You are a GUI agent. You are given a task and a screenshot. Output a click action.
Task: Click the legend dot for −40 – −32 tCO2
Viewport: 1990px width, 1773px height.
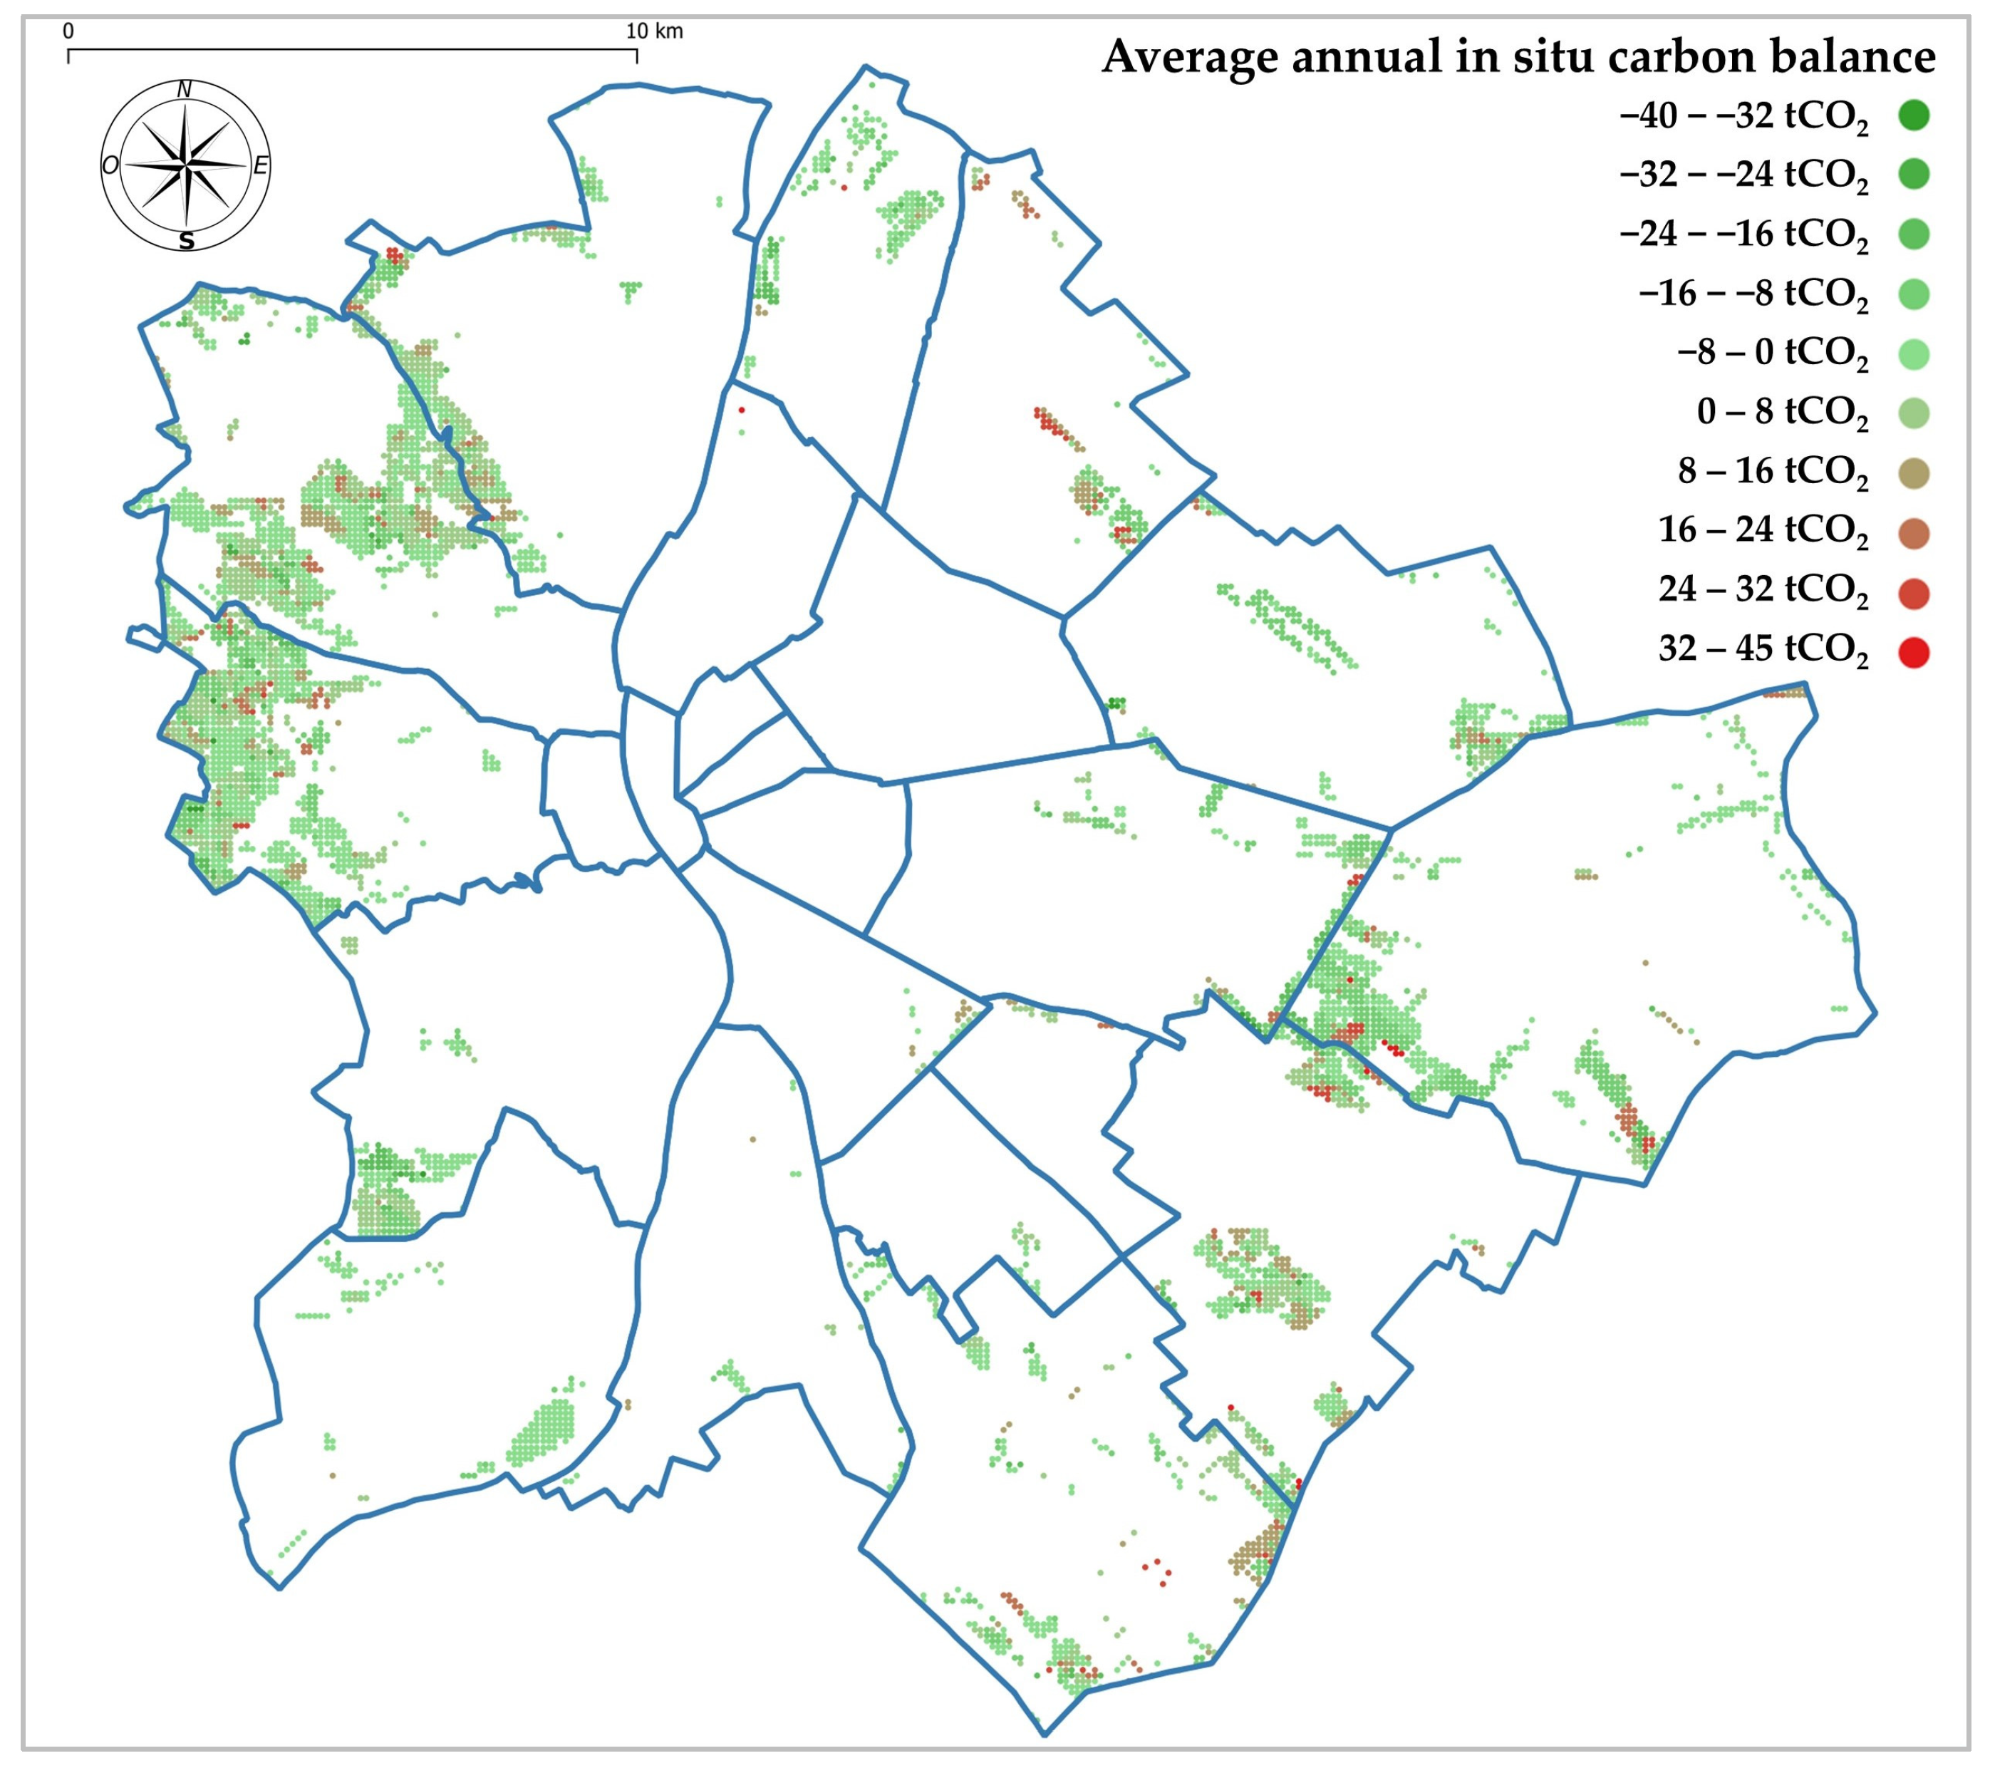1913,116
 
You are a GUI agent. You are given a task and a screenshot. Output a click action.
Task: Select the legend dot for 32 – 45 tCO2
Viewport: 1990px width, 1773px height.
1913,652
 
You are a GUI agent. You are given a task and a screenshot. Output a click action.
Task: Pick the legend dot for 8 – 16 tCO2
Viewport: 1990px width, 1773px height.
1913,473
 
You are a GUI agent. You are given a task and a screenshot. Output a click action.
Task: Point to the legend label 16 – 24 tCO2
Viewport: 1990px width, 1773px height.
1762,531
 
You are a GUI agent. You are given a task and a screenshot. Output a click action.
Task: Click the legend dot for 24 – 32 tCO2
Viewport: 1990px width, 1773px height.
1913,592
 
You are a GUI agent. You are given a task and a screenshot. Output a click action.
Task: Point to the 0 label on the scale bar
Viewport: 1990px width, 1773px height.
68,31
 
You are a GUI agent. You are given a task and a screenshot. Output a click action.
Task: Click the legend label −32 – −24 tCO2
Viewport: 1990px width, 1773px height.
1743,175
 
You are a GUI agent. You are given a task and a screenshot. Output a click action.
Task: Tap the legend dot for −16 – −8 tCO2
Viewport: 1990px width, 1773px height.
1913,294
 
